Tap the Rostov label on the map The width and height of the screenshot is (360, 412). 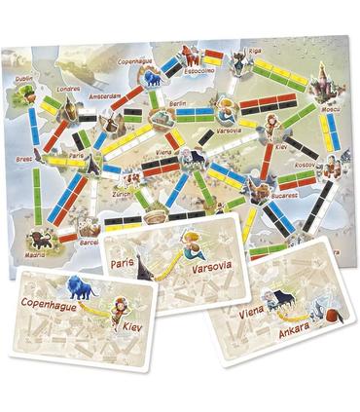pyautogui.click(x=306, y=165)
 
